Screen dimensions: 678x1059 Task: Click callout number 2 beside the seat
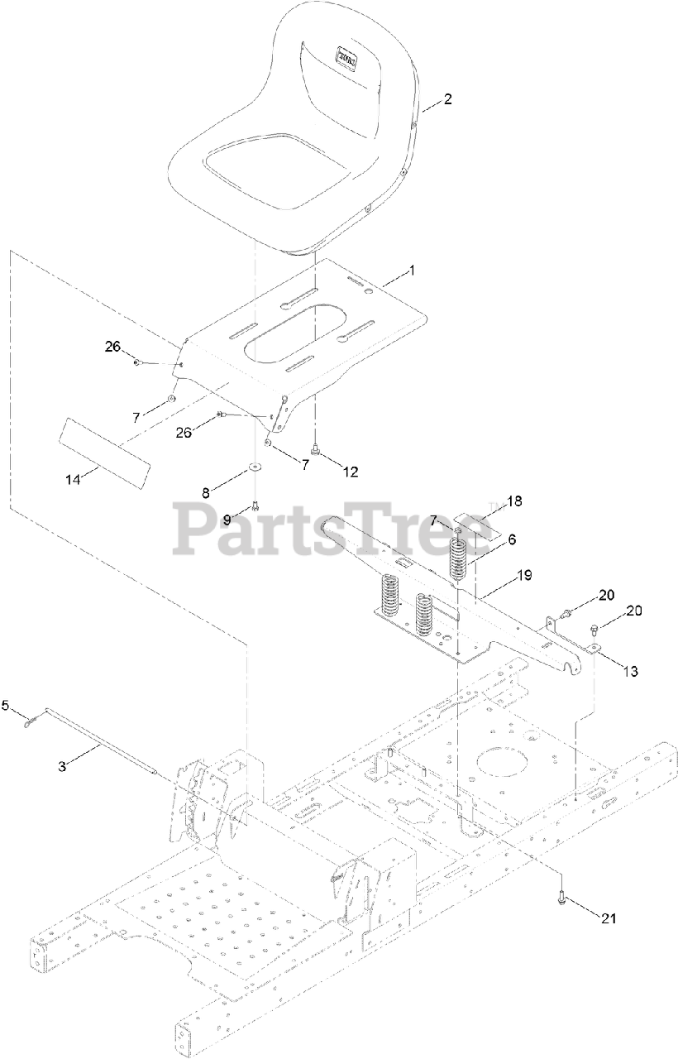447,99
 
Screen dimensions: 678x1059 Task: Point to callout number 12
351,472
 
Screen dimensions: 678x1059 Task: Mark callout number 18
514,501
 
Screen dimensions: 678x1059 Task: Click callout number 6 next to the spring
512,539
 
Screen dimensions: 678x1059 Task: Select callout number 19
523,574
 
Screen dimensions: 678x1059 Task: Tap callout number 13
629,671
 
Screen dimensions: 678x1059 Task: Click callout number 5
6,705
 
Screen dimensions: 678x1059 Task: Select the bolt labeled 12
315,450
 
